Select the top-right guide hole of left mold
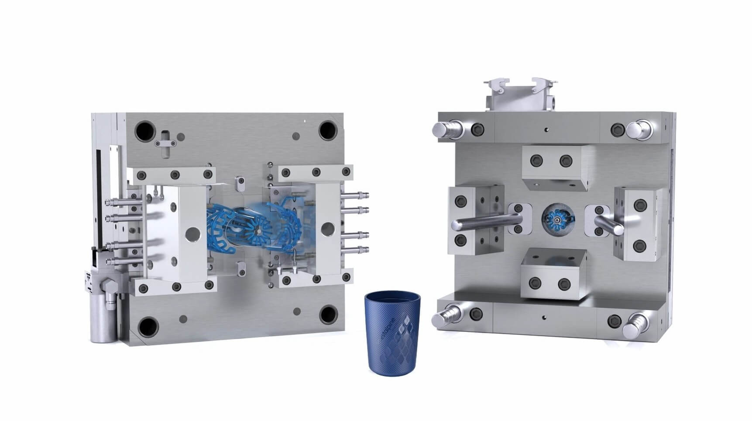point(328,130)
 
